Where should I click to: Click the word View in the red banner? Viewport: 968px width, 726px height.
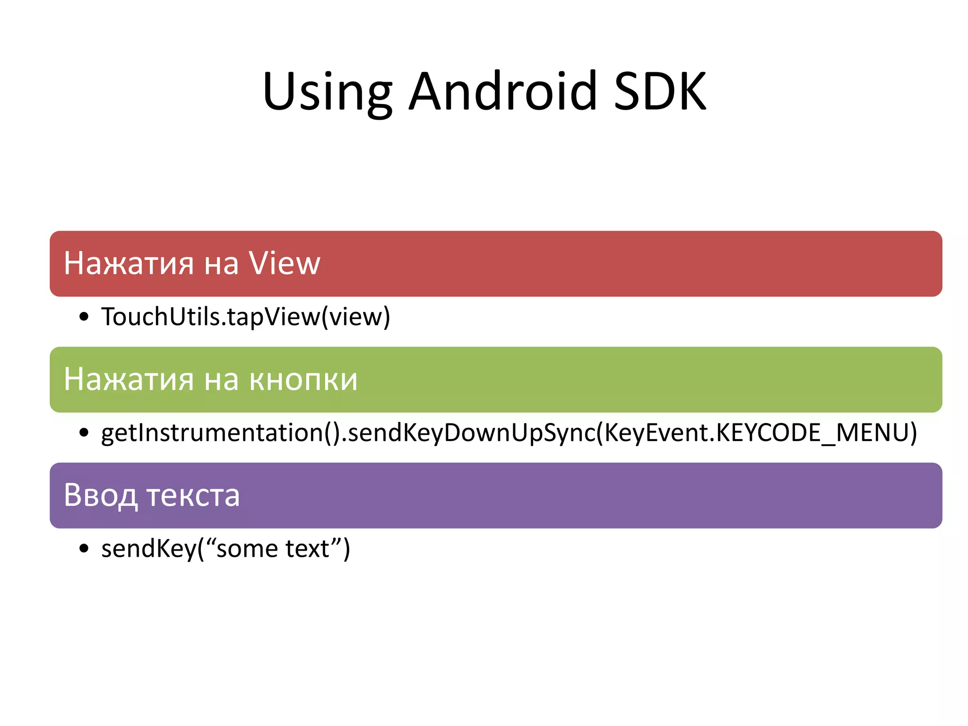pyautogui.click(x=285, y=263)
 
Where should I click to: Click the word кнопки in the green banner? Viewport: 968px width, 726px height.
pyautogui.click(x=303, y=380)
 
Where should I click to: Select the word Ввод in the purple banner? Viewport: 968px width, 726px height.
pyautogui.click(x=100, y=496)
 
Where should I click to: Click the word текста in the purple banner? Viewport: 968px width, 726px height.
pyautogui.click(x=193, y=496)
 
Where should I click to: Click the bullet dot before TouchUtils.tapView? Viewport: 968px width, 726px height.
pyautogui.click(x=84, y=317)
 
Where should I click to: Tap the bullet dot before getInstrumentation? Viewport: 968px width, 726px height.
pyautogui.click(x=84, y=432)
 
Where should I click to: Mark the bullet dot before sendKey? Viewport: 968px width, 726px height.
pyautogui.click(x=84, y=548)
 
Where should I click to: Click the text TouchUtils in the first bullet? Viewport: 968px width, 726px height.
pyautogui.click(x=161, y=317)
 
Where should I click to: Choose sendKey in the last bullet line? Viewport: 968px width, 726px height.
pyautogui.click(x=148, y=548)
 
